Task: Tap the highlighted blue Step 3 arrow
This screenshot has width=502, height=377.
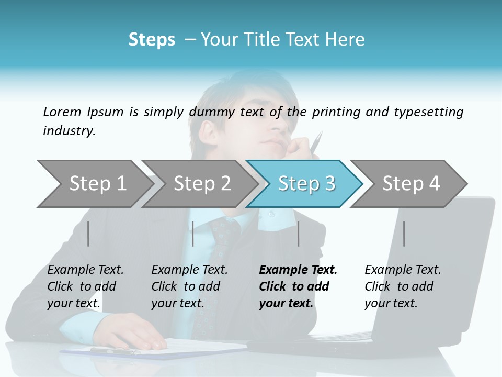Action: pyautogui.click(x=306, y=183)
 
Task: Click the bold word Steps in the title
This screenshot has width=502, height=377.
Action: pyautogui.click(x=152, y=39)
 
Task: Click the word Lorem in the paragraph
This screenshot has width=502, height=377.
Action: pyautogui.click(x=61, y=112)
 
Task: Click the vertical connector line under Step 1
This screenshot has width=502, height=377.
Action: pyautogui.click(x=88, y=234)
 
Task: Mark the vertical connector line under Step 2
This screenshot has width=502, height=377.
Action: pyautogui.click(x=193, y=234)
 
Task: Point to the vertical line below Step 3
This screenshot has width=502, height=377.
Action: pyautogui.click(x=298, y=234)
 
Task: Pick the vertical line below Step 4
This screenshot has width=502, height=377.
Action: pyautogui.click(x=404, y=234)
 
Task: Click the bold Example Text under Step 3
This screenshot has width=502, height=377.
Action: pyautogui.click(x=298, y=270)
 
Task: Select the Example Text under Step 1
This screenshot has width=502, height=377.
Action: pyautogui.click(x=85, y=270)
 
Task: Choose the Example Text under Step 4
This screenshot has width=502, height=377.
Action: pyautogui.click(x=403, y=270)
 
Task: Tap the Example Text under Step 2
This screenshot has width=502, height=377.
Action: pyautogui.click(x=189, y=270)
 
